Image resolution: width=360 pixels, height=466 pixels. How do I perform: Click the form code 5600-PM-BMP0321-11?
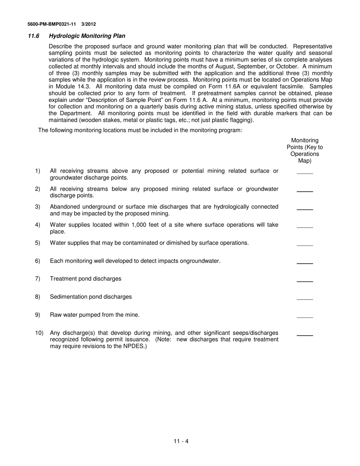tap(52, 24)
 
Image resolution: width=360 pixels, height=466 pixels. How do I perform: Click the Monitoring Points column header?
tap(305, 150)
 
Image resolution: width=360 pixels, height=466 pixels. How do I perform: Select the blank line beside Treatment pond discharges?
tap(305, 281)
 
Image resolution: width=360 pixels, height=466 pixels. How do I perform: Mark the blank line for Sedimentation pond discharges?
tap(305, 299)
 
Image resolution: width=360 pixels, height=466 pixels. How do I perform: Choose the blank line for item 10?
tap(305, 335)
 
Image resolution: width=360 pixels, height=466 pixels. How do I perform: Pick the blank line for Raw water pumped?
tap(305, 317)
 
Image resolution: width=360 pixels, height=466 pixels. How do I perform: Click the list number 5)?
tap(38, 243)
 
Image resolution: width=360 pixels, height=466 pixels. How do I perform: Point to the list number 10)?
tap(39, 333)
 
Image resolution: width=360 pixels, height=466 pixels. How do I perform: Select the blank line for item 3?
tap(305, 209)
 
